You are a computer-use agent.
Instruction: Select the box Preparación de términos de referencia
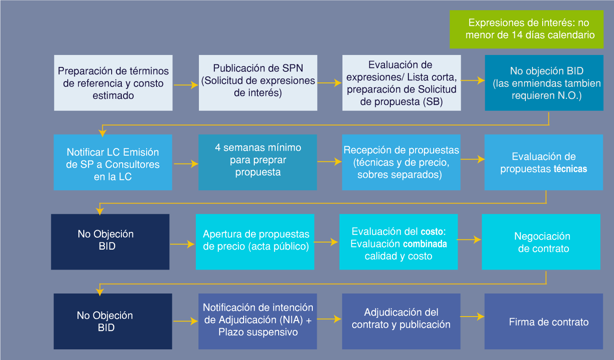[113, 83]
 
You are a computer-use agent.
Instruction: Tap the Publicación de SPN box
[258, 83]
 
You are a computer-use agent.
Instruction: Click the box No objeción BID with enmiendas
[544, 83]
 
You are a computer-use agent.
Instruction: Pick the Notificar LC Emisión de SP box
[113, 162]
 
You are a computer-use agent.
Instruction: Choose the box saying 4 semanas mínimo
[257, 162]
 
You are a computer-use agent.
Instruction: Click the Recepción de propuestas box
[401, 162]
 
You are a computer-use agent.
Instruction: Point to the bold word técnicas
[570, 169]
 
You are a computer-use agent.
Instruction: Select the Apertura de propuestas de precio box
[255, 242]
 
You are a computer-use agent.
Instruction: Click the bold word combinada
[424, 244]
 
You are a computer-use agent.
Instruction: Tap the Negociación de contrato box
[541, 242]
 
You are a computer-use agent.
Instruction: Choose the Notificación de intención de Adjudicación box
[258, 321]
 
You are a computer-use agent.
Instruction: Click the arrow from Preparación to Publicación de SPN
[186, 85]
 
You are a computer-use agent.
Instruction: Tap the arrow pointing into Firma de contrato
[472, 317]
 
